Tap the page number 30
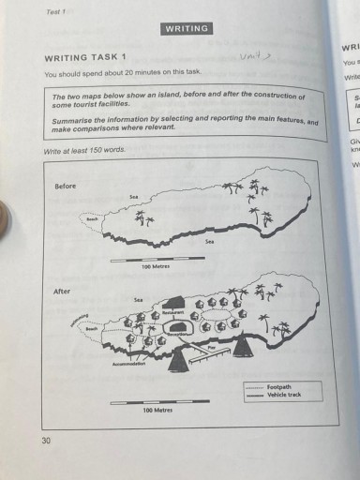click(47, 440)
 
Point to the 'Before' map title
click(65, 186)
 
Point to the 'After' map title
click(61, 291)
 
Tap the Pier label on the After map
click(212, 347)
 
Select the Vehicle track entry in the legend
click(281, 395)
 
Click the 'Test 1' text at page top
click(55, 11)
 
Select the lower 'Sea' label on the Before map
click(210, 241)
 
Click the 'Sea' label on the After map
click(138, 299)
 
